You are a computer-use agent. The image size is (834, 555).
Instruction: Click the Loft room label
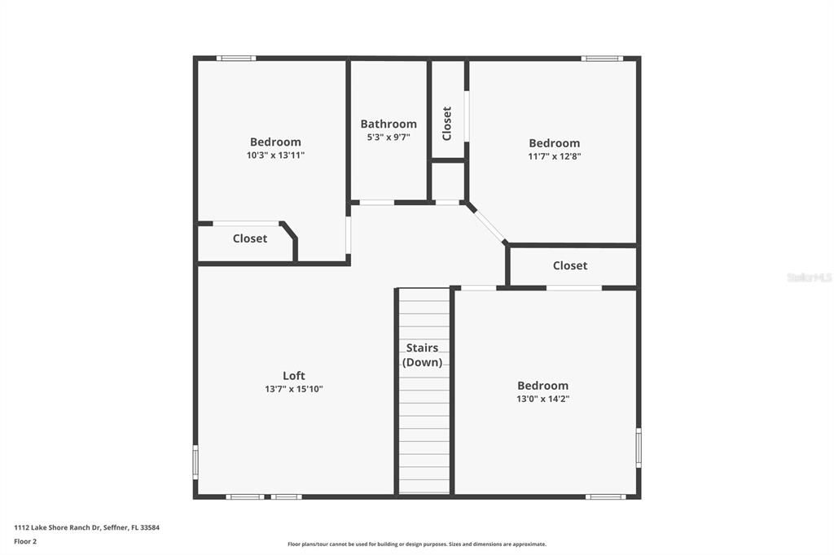tap(294, 375)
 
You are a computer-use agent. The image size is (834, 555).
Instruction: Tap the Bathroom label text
tap(388, 124)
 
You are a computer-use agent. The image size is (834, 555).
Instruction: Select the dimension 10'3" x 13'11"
tap(275, 155)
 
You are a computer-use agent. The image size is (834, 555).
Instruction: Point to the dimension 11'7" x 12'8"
tap(555, 156)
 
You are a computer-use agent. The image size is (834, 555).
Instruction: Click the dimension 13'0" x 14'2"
tap(542, 399)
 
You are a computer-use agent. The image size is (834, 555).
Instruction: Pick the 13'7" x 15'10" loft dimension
tap(294, 389)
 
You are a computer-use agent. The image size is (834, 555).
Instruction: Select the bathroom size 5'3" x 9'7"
tap(388, 138)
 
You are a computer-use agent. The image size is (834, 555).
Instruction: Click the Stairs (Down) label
tap(423, 355)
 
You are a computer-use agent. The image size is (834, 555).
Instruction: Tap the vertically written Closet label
tap(447, 124)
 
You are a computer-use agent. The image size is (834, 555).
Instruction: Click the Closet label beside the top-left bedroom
tap(250, 238)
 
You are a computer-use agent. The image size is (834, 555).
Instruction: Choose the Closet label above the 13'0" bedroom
tap(570, 265)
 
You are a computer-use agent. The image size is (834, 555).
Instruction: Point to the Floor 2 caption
tap(25, 540)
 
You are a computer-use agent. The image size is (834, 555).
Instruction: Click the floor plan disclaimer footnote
tap(416, 544)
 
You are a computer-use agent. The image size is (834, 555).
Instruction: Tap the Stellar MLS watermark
tap(809, 277)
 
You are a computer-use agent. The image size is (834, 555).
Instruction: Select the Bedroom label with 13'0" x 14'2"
tap(542, 385)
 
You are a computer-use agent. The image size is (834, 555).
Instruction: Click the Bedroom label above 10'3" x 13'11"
tap(275, 142)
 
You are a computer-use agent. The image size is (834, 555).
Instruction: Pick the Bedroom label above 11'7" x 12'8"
tap(555, 143)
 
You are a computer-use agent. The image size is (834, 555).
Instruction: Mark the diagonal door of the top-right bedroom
tap(487, 223)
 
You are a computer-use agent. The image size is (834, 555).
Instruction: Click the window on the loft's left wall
tap(195, 461)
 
